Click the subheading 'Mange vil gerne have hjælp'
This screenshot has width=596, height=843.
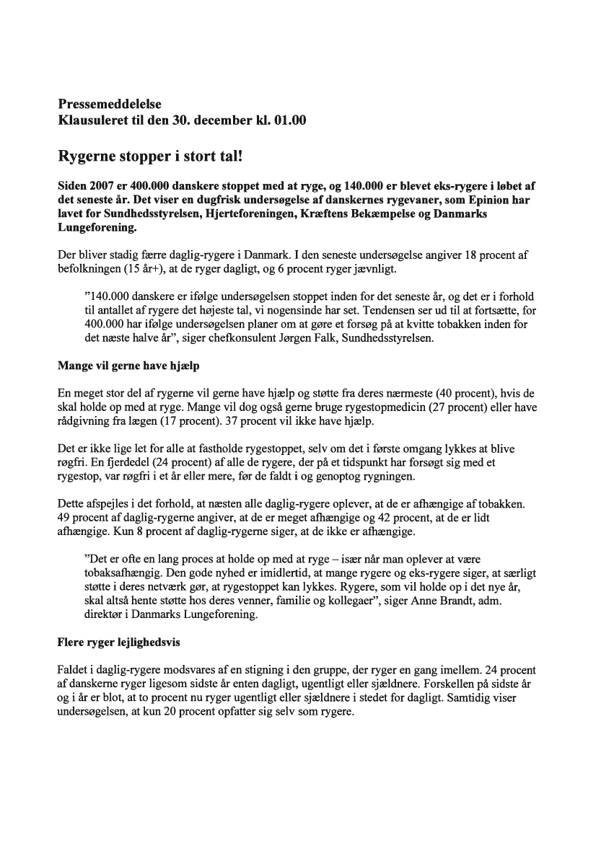[128, 366]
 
